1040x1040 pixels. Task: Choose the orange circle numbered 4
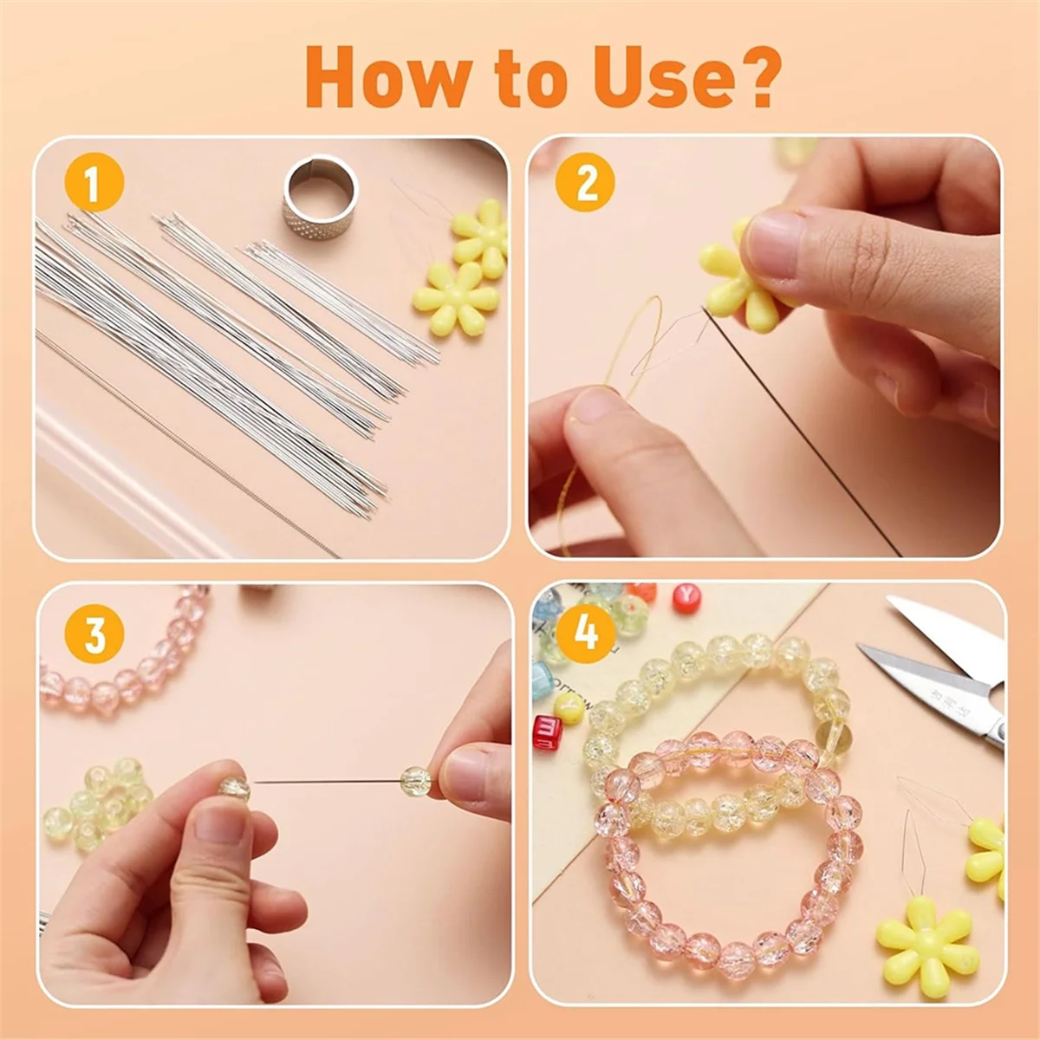coord(586,633)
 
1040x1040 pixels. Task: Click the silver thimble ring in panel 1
coord(321,193)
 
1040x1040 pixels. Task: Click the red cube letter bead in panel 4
coord(548,732)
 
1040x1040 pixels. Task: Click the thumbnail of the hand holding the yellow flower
coord(773,244)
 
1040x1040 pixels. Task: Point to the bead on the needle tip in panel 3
coord(415,779)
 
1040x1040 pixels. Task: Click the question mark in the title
coord(757,77)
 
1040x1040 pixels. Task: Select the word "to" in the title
coord(518,81)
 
